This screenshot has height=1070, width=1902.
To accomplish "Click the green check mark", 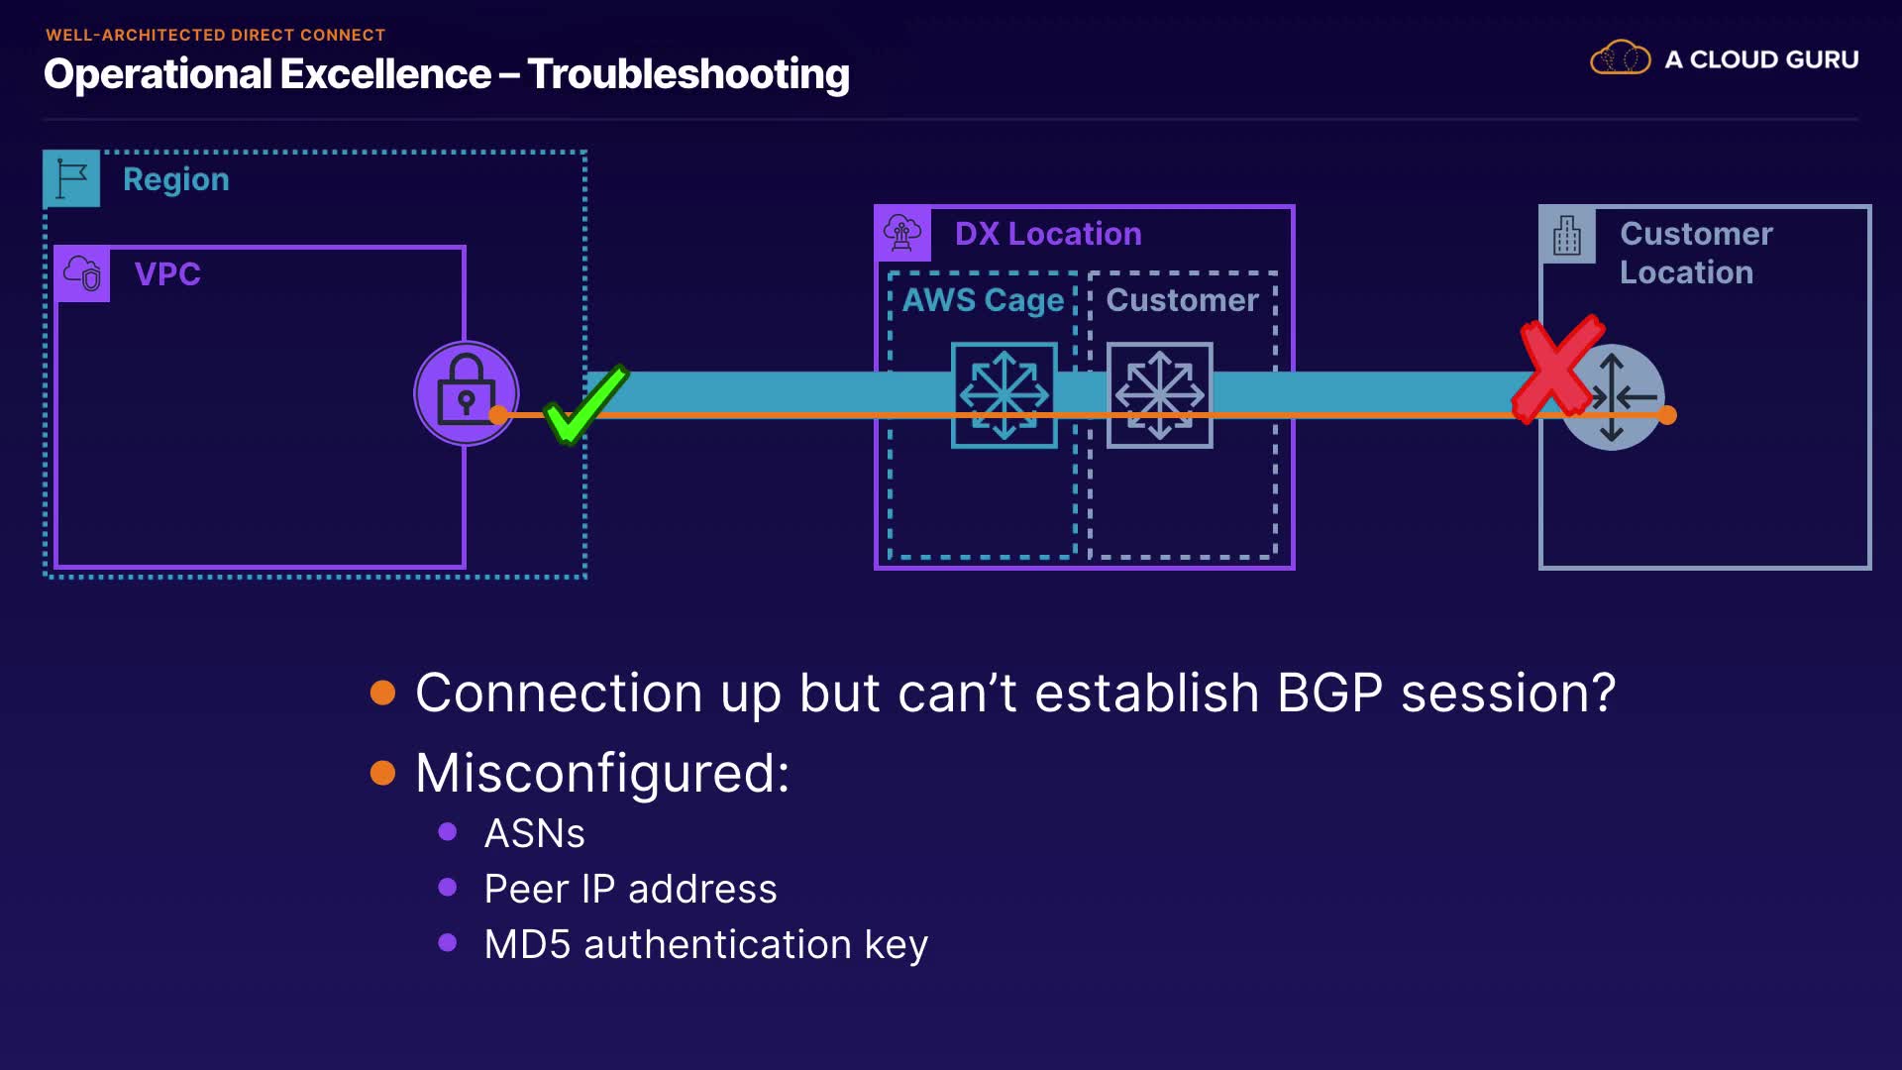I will click(x=584, y=404).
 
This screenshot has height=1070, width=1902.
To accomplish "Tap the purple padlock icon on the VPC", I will click(x=466, y=392).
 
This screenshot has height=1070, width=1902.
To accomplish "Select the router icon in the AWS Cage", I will click(x=1004, y=394).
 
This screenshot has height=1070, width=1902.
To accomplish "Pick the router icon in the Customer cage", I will click(x=1159, y=394).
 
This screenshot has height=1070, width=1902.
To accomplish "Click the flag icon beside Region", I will click(x=72, y=178).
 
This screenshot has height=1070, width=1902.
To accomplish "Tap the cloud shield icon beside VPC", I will click(x=83, y=273).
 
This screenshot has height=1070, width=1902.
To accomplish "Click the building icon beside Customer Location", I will click(x=1567, y=235).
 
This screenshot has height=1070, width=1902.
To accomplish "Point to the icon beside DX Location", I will click(x=902, y=234).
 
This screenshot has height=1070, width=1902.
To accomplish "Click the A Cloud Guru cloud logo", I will click(x=1620, y=59).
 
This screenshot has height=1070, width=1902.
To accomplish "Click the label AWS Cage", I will click(x=983, y=300).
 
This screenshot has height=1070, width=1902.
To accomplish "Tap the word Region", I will click(x=176, y=179).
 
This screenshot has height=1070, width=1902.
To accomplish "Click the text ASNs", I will click(x=534, y=833).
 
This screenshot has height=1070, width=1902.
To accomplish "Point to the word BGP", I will click(x=1329, y=693).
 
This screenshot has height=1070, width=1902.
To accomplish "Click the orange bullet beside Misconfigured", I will click(x=382, y=773).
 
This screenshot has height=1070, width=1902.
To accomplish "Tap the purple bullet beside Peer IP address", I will click(x=448, y=888).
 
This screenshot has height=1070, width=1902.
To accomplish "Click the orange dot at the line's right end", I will click(x=1667, y=415).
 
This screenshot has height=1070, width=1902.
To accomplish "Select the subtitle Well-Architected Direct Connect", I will click(x=215, y=35).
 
